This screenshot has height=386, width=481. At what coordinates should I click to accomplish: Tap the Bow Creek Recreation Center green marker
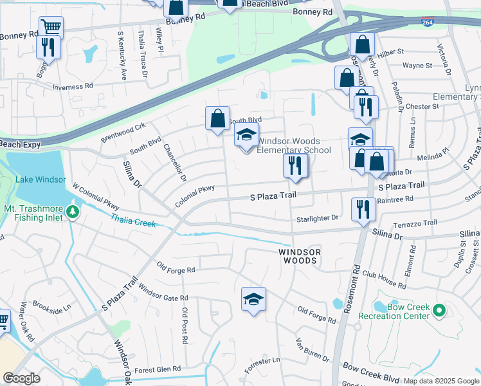(440, 311)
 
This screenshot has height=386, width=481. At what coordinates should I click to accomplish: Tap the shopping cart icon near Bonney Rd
(51, 28)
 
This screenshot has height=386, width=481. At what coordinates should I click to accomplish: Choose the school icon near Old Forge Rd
(254, 299)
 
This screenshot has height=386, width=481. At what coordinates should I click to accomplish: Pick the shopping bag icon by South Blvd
(218, 118)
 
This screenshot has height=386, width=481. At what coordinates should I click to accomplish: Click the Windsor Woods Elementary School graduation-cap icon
(246, 136)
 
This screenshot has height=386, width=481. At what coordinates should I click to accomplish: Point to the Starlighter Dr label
(317, 219)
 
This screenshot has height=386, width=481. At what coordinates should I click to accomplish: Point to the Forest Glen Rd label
(156, 370)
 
